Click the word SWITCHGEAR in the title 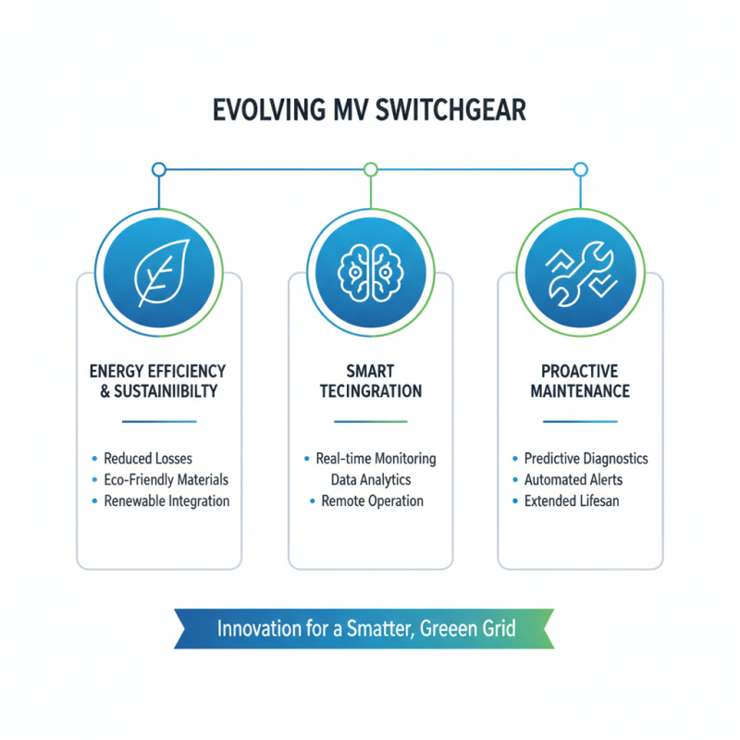point(450,110)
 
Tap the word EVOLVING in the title point(269,110)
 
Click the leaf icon point(162,273)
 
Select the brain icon point(371,273)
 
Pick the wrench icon point(582,274)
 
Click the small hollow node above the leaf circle point(159,169)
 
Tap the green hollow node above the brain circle point(371,169)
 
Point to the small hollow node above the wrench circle point(581,169)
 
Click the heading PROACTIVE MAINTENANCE point(580,381)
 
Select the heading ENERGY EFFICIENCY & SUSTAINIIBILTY point(157,381)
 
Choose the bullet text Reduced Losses point(148,459)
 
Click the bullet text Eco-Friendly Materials point(166,480)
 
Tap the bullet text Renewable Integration point(166,501)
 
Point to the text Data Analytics point(371,480)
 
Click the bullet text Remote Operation point(373,501)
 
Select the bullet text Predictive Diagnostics point(586,459)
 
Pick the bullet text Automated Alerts point(573,480)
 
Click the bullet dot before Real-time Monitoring point(307,458)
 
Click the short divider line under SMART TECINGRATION point(371,422)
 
